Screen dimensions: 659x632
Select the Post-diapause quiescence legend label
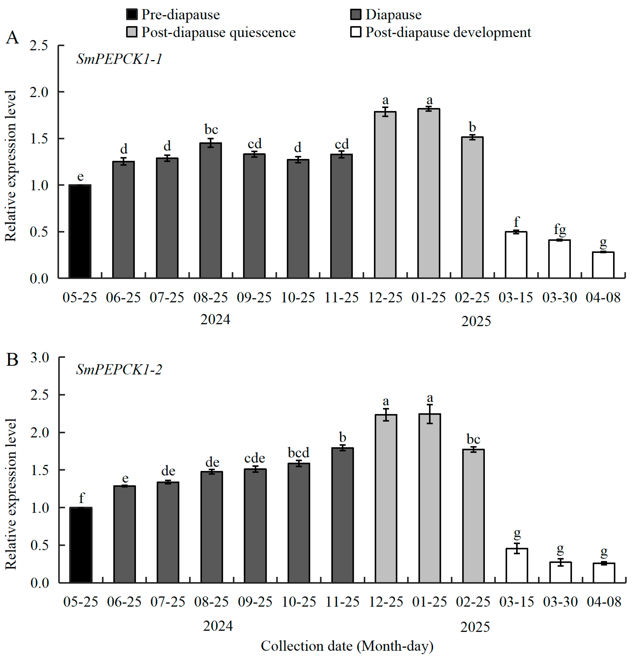pyautogui.click(x=218, y=32)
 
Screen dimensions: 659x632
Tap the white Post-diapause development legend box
pyautogui.click(x=356, y=32)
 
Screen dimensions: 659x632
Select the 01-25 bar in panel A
pyautogui.click(x=429, y=193)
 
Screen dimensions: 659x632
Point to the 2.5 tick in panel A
pyautogui.click(x=39, y=46)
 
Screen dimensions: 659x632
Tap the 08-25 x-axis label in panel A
pyautogui.click(x=210, y=297)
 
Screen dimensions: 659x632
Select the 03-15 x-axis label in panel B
pyautogui.click(x=516, y=602)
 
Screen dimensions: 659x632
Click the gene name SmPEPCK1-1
pyautogui.click(x=119, y=59)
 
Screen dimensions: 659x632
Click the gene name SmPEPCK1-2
pyautogui.click(x=119, y=370)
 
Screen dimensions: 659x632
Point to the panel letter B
pyautogui.click(x=12, y=360)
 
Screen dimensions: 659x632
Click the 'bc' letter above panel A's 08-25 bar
pyautogui.click(x=211, y=129)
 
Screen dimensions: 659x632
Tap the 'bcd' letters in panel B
pyautogui.click(x=299, y=453)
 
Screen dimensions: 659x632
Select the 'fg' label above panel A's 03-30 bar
pyautogui.click(x=560, y=230)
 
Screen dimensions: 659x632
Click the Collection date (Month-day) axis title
pyautogui.click(x=347, y=646)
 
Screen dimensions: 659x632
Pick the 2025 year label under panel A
pyautogui.click(x=476, y=321)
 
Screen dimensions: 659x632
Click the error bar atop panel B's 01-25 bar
pyautogui.click(x=430, y=414)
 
